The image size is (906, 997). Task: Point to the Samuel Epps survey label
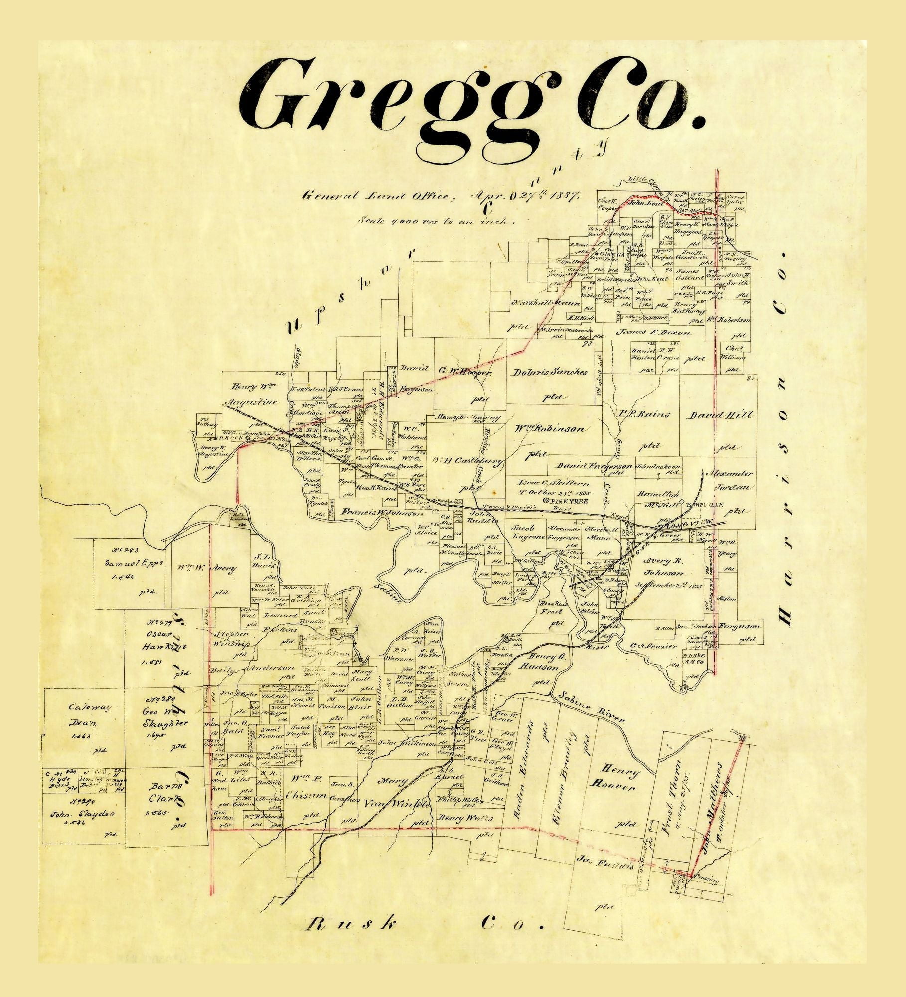click(127, 563)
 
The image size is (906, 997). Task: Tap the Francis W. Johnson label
click(382, 512)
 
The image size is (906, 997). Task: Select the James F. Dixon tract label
click(654, 332)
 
